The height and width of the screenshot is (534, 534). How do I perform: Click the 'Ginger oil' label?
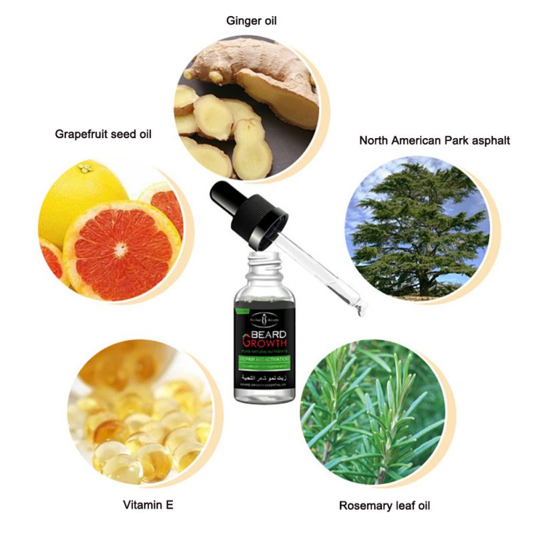pyautogui.click(x=251, y=21)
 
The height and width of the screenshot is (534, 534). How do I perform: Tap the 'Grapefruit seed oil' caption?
pyautogui.click(x=103, y=134)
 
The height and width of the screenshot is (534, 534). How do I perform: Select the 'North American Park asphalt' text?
pyautogui.click(x=435, y=140)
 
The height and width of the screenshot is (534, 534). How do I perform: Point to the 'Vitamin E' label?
pyautogui.click(x=148, y=505)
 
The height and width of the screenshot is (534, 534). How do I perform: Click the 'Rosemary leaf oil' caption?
pyautogui.click(x=384, y=505)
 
